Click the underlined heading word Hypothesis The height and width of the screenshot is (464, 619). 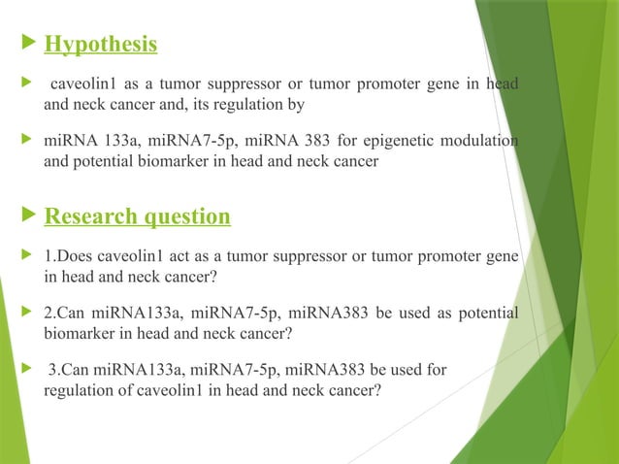(101, 45)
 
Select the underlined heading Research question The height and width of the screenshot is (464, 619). (137, 215)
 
